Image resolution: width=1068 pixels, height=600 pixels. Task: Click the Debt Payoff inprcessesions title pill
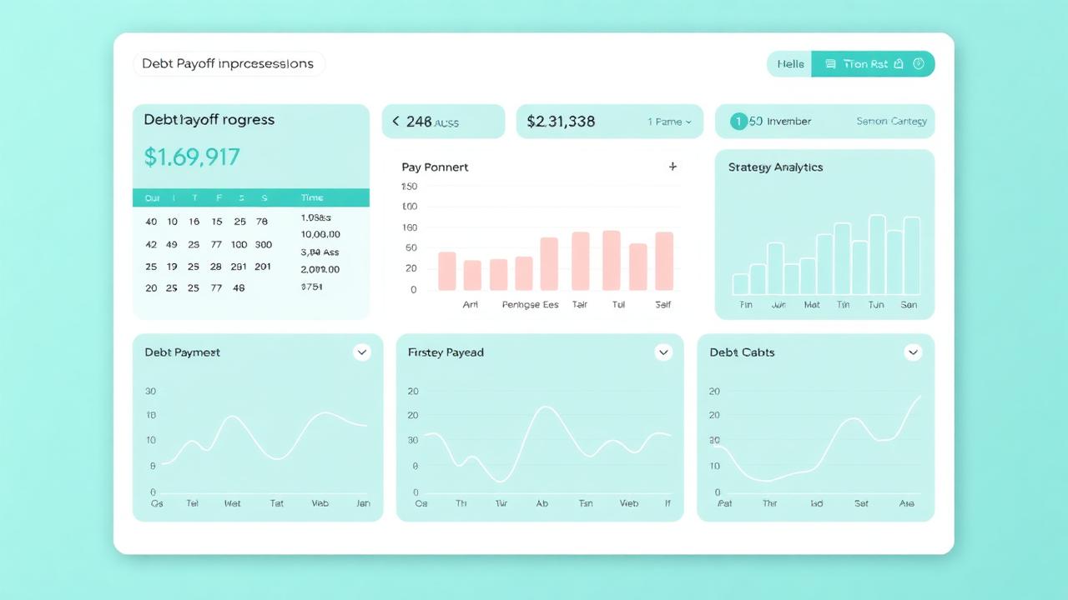click(228, 64)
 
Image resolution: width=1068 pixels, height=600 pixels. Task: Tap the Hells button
click(790, 64)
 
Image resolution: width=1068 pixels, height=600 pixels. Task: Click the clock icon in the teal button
click(919, 64)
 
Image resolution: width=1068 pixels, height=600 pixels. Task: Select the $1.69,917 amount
click(192, 157)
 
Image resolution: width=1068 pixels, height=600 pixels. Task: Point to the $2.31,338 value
click(561, 122)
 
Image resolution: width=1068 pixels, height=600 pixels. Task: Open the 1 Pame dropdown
click(669, 122)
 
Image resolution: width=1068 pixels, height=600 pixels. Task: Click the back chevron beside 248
click(395, 122)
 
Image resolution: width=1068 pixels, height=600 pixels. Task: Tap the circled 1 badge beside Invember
click(738, 122)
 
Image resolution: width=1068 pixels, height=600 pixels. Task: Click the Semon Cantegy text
click(891, 122)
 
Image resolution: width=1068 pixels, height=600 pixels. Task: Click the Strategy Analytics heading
click(775, 167)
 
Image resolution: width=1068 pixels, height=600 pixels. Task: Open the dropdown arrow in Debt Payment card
click(362, 352)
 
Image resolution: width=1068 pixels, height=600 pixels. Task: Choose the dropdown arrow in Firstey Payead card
click(663, 352)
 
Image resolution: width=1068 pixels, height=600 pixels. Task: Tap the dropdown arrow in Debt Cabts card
click(913, 352)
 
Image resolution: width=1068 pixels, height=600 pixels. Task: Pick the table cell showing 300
click(263, 245)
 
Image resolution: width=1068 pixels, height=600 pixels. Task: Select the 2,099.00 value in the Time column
click(320, 270)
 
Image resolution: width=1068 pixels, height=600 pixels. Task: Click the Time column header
click(312, 198)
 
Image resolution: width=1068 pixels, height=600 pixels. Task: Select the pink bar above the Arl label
click(447, 271)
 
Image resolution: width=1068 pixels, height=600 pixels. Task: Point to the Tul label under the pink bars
click(618, 305)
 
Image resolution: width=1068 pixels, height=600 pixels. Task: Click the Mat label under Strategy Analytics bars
click(811, 305)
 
